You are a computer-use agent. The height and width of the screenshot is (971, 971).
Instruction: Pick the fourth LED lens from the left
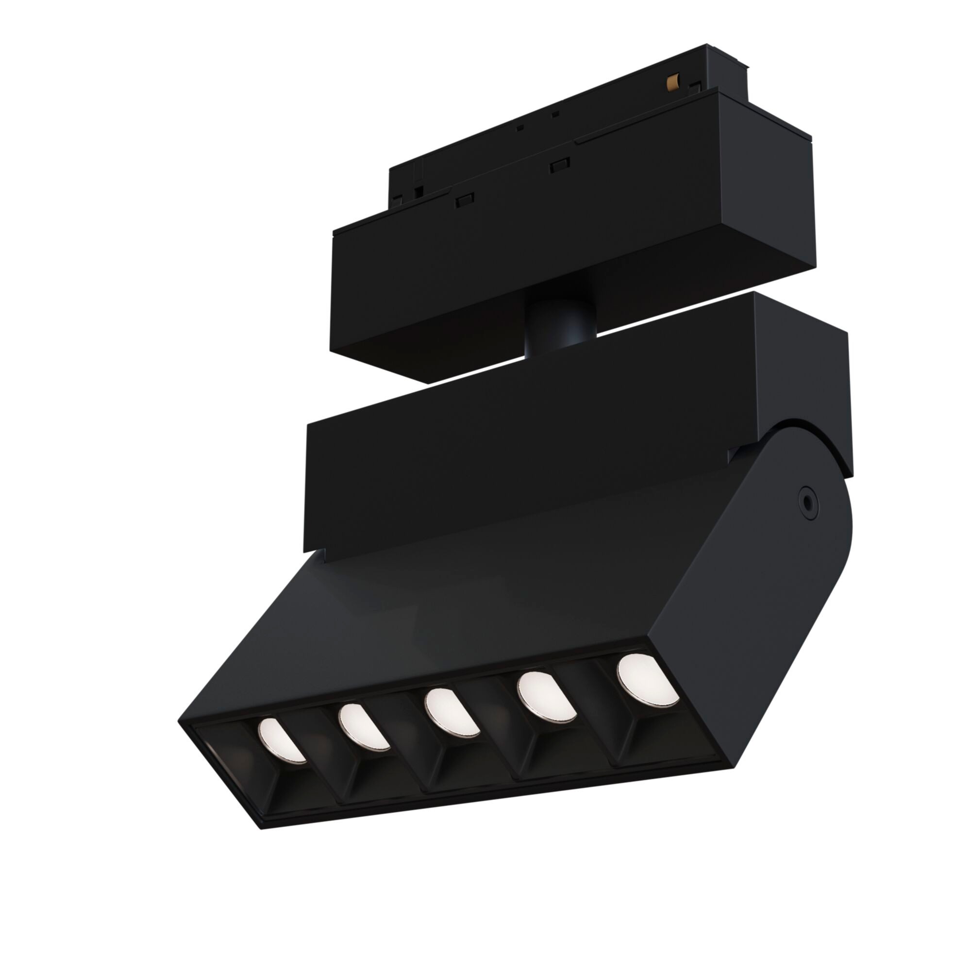(x=544, y=697)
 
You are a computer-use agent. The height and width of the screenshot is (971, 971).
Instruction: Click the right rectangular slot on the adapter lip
(x=559, y=166)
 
